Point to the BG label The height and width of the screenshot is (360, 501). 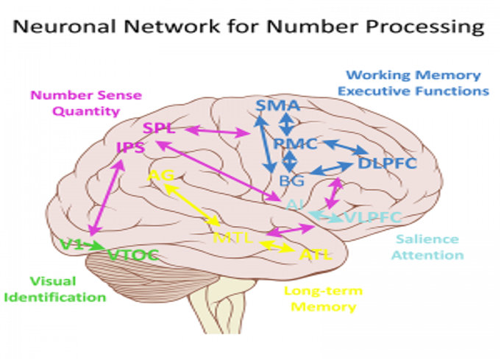[291, 179]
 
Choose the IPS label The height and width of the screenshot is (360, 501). [130, 149]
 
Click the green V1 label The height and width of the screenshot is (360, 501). [71, 244]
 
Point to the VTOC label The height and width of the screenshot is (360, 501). [132, 255]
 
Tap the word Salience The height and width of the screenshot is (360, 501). [427, 239]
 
